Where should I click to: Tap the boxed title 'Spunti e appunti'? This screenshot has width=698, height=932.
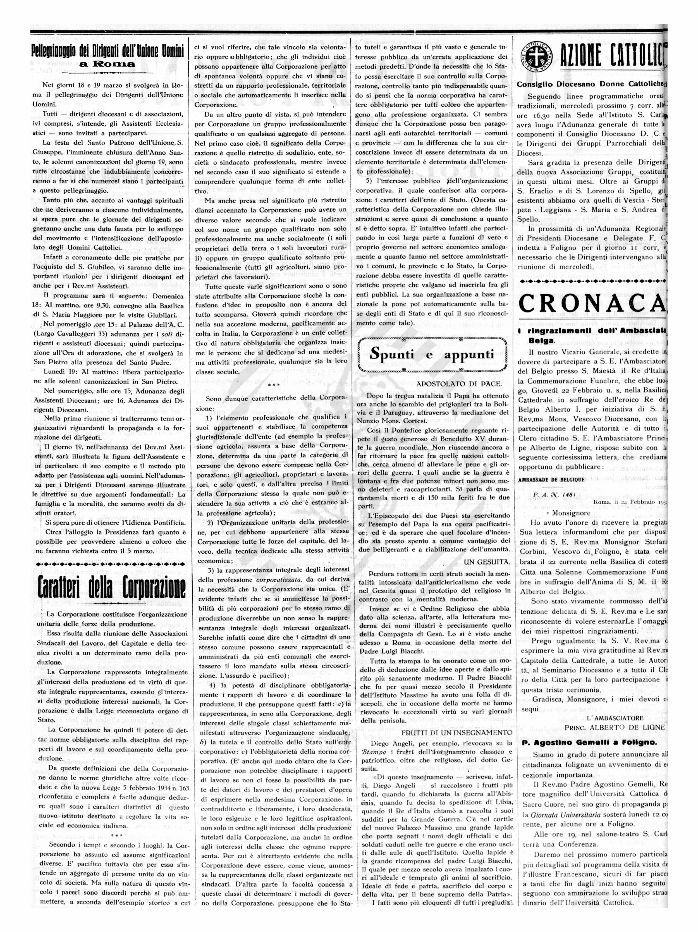pos(432,354)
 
